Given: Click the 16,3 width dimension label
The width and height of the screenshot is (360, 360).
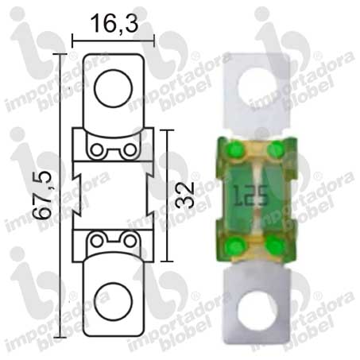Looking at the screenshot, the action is pyautogui.click(x=114, y=24).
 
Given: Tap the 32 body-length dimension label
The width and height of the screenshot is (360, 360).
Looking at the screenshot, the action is pyautogui.click(x=185, y=195).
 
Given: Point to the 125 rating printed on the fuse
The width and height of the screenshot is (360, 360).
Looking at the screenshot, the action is pyautogui.click(x=250, y=195).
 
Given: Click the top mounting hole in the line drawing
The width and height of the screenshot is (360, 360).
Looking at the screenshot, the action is pyautogui.click(x=113, y=88).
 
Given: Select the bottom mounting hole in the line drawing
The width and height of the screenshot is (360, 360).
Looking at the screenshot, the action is pyautogui.click(x=113, y=302).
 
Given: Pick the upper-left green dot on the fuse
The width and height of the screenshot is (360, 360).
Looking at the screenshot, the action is pyautogui.click(x=235, y=150).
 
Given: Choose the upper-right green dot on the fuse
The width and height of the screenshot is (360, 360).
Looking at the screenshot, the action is pyautogui.click(x=276, y=149).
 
